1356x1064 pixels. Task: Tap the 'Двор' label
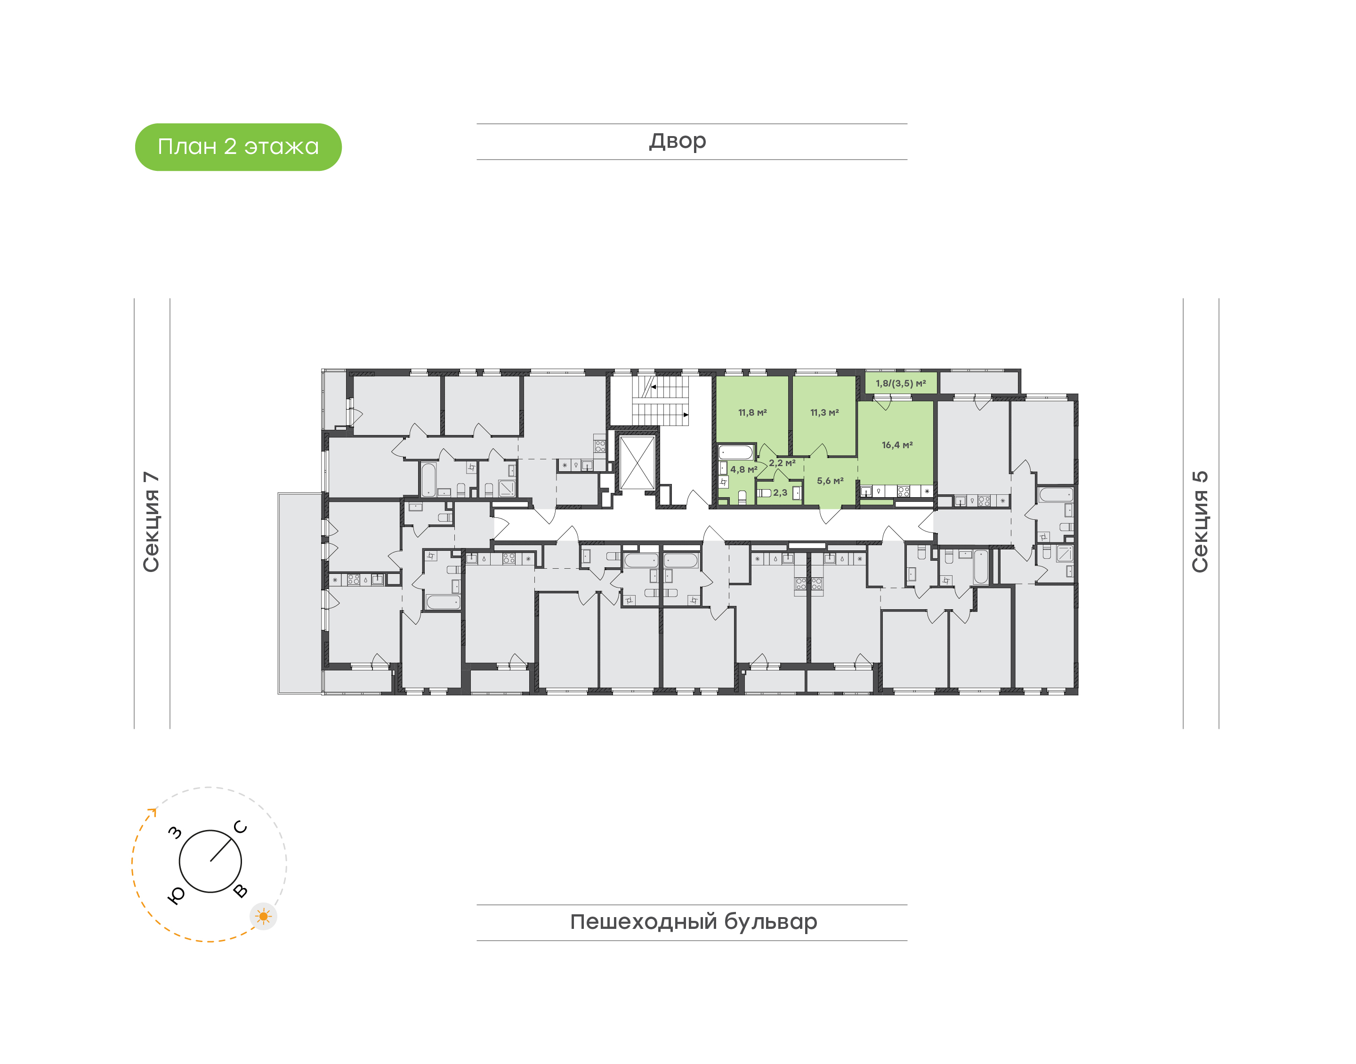pyautogui.click(x=678, y=141)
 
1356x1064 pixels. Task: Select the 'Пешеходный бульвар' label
pyautogui.click(x=693, y=922)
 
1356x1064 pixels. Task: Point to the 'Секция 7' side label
pyautogui.click(x=151, y=522)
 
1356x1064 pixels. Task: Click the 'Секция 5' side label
pyautogui.click(x=1200, y=522)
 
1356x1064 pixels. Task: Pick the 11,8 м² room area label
pyautogui.click(x=752, y=412)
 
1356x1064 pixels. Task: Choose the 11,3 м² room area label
pyautogui.click(x=824, y=412)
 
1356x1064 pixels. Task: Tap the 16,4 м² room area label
pyautogui.click(x=897, y=445)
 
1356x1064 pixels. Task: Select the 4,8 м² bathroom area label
pyautogui.click(x=744, y=469)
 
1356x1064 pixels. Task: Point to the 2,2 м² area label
pyautogui.click(x=782, y=463)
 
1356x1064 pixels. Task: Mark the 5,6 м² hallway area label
pyautogui.click(x=830, y=481)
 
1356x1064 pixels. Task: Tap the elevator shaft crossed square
pyautogui.click(x=637, y=462)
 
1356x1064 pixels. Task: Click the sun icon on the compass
pyautogui.click(x=264, y=916)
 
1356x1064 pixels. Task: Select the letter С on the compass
pyautogui.click(x=241, y=827)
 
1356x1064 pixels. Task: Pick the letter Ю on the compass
pyautogui.click(x=176, y=896)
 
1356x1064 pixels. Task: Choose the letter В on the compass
pyautogui.click(x=241, y=891)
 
